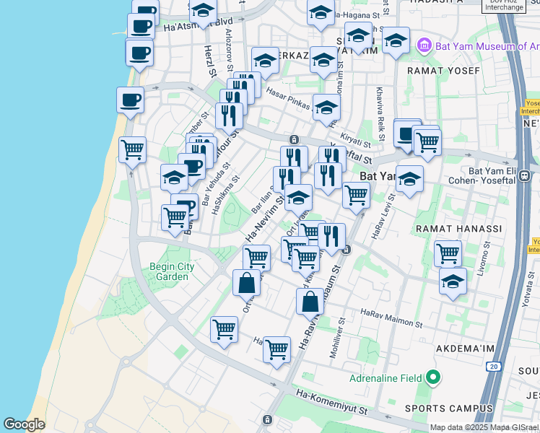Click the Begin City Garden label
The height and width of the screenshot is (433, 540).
click(x=172, y=271)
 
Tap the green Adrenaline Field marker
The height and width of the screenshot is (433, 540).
click(x=432, y=377)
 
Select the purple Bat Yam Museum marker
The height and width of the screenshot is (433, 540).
click(x=424, y=45)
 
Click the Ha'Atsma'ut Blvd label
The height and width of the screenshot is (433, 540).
click(x=198, y=25)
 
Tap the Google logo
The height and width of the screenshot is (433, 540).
click(x=24, y=425)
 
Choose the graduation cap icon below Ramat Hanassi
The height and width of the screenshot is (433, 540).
click(x=453, y=281)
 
